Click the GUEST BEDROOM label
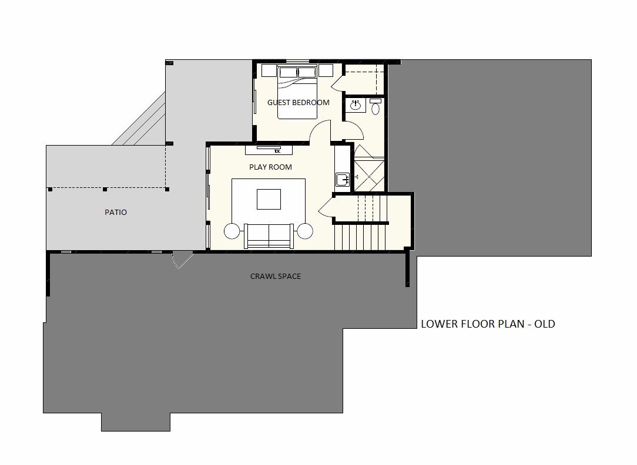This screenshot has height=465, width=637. pos(298,103)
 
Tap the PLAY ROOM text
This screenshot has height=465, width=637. pos(270,167)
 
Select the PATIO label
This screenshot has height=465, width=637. pos(116,212)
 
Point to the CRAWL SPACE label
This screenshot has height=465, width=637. pos(276,277)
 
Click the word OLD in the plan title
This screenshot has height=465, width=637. pos(544,324)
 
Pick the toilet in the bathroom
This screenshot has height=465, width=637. pos(376,106)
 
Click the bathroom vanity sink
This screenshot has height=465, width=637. pos(356,105)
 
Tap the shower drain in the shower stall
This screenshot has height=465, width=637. pos(369,177)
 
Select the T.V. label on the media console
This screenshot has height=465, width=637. pos(277,151)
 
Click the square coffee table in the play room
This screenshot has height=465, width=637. pos(269,199)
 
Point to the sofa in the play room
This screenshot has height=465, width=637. pos(269,236)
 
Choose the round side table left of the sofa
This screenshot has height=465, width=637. pos(232,231)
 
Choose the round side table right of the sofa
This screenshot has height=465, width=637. pos(304,231)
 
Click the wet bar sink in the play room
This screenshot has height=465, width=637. pos(342,179)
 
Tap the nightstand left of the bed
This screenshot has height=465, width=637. pos(269,70)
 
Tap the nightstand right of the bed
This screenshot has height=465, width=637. pos(326,70)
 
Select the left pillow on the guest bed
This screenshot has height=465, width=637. pos(288,72)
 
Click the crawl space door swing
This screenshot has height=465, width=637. pos(182,260)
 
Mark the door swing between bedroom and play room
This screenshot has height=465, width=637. pos(320,132)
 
